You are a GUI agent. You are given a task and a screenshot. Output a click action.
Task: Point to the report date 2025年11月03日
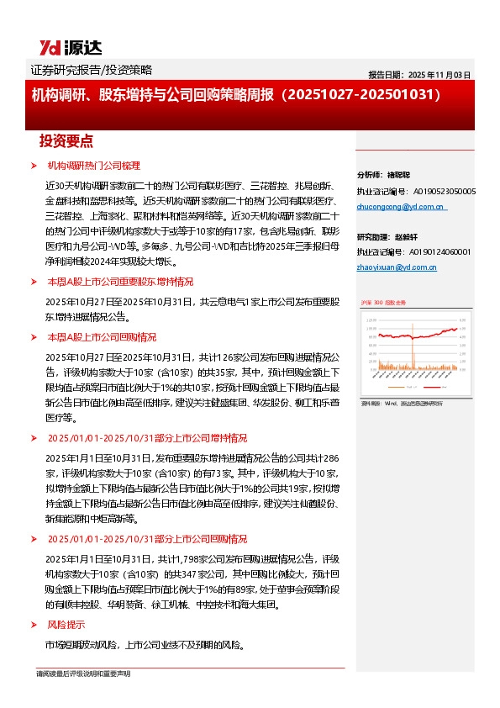419,75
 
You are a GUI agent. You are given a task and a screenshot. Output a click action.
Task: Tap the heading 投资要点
66,140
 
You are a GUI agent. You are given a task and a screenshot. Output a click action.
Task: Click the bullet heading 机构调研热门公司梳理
93,165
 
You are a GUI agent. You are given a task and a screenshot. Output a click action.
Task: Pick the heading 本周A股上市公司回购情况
102,336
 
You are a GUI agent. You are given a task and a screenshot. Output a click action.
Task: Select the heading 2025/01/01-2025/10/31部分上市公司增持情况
147,438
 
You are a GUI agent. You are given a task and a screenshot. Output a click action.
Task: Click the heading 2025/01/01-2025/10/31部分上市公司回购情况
147,538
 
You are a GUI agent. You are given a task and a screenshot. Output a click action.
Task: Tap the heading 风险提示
66,625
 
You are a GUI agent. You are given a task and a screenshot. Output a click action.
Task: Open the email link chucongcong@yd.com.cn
401,207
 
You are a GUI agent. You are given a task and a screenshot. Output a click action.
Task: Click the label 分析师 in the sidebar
370,176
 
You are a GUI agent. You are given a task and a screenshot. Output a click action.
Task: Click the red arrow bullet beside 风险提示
33,625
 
